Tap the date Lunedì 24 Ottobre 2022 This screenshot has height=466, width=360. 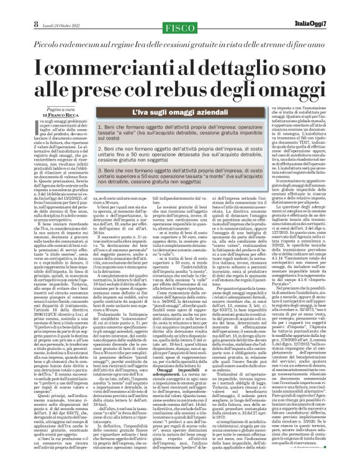pos(40,7)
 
